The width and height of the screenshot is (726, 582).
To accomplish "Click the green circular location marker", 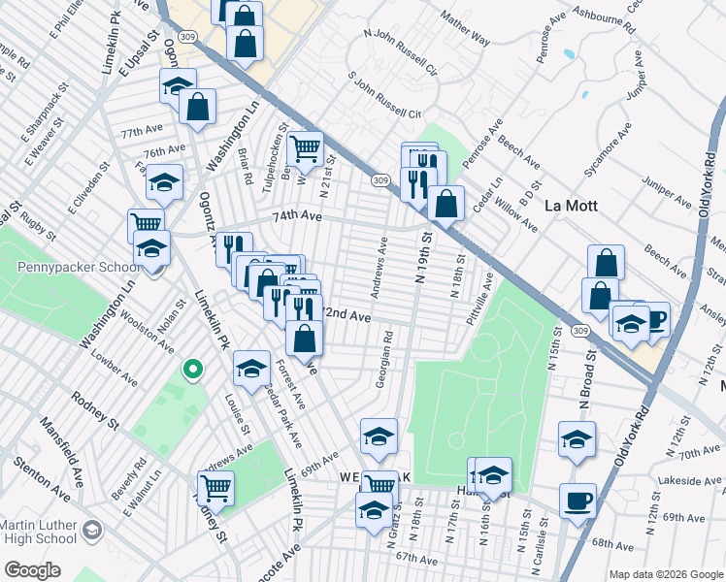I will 193,370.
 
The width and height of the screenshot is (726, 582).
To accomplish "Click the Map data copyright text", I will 666,574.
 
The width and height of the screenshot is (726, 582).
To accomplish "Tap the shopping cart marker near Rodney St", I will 215,487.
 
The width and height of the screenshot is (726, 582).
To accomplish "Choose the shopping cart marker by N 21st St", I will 305,148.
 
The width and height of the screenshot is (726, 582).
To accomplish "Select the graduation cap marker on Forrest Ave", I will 251,368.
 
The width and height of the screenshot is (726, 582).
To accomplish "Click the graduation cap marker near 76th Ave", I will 165,181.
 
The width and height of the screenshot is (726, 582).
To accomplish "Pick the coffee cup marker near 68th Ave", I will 578,501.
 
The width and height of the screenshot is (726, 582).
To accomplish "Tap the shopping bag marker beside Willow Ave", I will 446,205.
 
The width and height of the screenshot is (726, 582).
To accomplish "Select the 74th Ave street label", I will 296,215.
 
